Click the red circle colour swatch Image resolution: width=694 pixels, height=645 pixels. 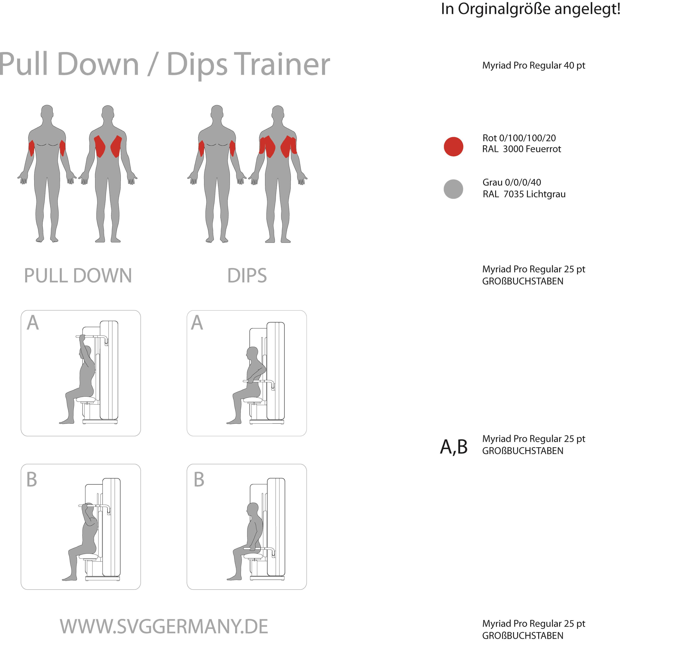453,146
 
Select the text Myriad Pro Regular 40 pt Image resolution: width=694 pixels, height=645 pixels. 533,66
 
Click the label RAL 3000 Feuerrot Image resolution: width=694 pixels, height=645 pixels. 522,149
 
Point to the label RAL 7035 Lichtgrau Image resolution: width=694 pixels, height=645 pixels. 524,194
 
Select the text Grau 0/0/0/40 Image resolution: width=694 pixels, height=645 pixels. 511,182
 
